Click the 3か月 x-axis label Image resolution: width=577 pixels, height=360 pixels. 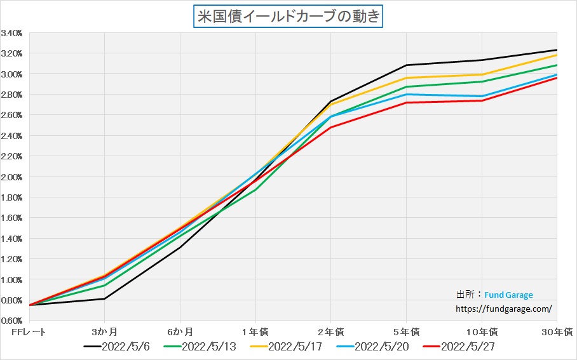(104, 331)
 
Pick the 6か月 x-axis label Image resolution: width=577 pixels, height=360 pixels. (180, 331)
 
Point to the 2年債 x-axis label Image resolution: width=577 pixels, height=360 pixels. (330, 331)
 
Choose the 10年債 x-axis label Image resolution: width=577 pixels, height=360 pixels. (481, 331)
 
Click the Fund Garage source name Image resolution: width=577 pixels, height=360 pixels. (508, 295)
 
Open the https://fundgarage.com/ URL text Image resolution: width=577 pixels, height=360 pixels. (504, 309)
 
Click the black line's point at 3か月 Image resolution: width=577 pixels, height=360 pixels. (104, 298)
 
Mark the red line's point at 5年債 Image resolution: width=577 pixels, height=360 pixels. (406, 102)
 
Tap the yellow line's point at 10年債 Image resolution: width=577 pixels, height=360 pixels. (482, 74)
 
